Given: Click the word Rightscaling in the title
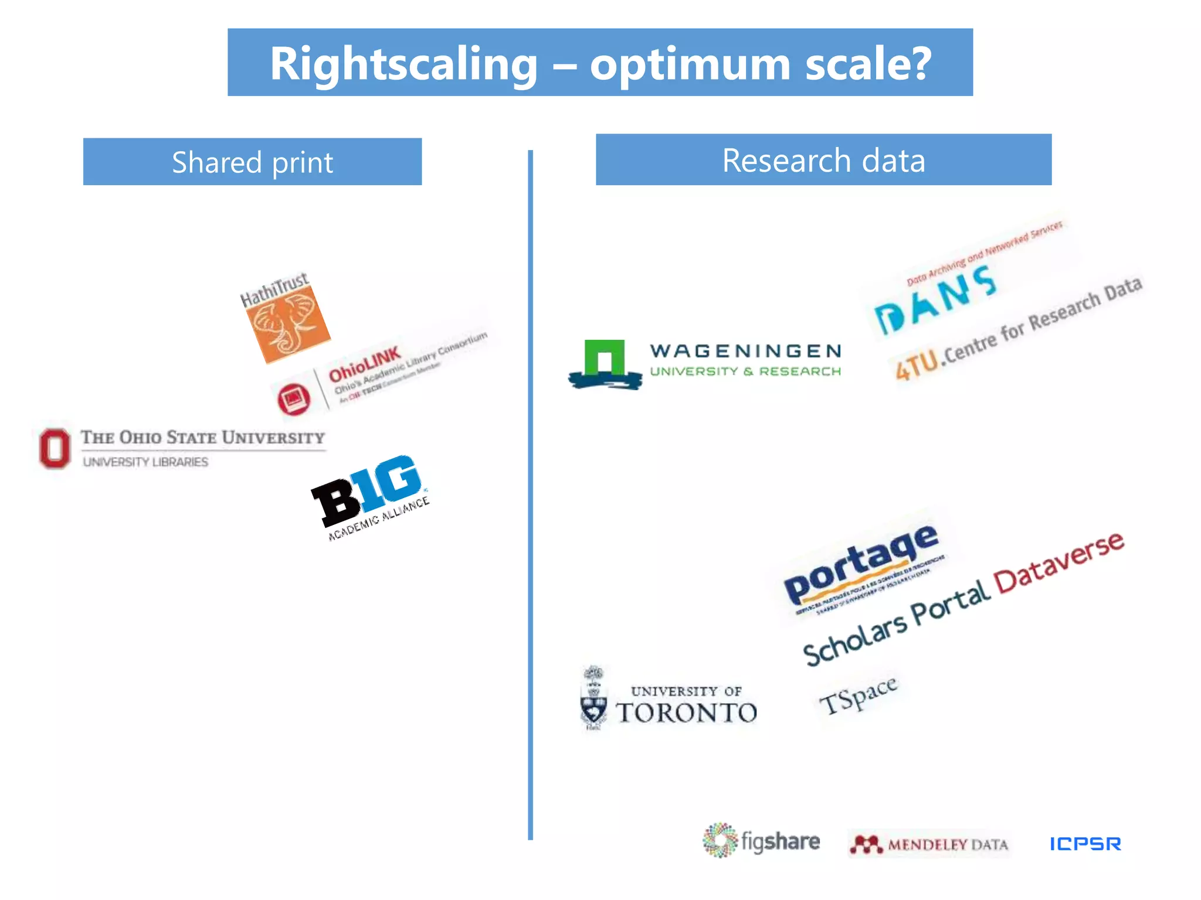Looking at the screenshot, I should click(403, 64).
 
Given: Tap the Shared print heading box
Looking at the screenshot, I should click(252, 162).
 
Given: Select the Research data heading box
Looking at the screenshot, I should click(823, 160).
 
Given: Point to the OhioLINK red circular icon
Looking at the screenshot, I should click(294, 399).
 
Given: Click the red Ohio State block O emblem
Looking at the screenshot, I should click(55, 448).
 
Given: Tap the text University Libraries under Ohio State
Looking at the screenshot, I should click(145, 462).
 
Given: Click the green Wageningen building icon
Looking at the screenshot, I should click(604, 359).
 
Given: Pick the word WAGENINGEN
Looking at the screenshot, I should click(745, 351).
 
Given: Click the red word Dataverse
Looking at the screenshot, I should click(1059, 562).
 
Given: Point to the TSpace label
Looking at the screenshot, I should click(858, 695).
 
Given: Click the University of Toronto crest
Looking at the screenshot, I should click(593, 698).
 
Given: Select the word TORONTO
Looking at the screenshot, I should click(687, 712).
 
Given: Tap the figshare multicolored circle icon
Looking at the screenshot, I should click(720, 840).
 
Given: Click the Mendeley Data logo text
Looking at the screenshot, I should click(947, 844).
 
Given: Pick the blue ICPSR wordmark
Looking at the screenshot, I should click(1085, 844).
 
